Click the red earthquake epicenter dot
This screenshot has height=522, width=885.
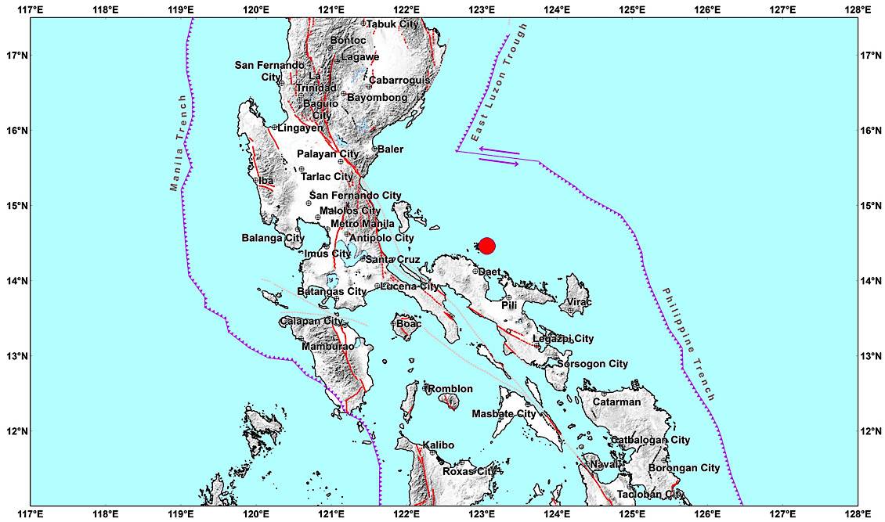point(486,246)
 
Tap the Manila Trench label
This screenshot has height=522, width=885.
point(179,143)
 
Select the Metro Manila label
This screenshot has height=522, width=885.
point(363,224)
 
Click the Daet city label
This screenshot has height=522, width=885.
point(489,272)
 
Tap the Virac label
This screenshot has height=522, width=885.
point(580,302)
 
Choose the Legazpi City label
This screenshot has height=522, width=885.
point(563,339)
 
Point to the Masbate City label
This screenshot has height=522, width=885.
point(504,414)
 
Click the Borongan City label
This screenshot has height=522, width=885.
point(684,468)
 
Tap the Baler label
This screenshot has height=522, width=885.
point(391,149)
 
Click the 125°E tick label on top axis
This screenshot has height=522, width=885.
point(632,9)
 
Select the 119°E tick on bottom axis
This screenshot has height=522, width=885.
point(180,513)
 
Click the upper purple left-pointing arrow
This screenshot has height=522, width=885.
point(498,150)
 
